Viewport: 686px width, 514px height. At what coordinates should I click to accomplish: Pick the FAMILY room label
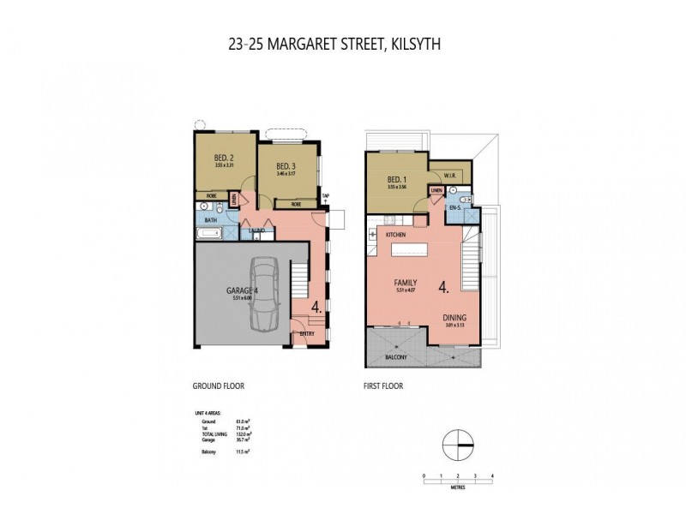coord(406,282)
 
